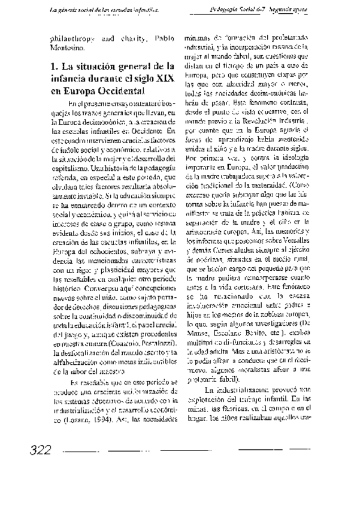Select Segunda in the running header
click(285, 10)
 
